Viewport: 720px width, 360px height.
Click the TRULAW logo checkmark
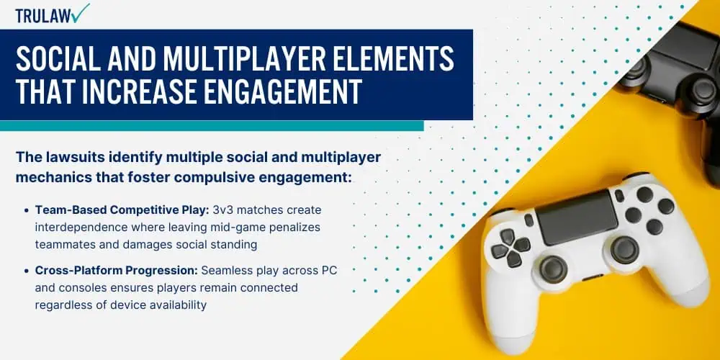point(80,13)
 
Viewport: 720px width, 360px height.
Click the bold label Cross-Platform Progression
point(117,271)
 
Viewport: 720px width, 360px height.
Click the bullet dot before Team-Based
point(27,210)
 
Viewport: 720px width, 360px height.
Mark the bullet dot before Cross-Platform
point(27,271)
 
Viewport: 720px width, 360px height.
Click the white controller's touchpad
point(576,217)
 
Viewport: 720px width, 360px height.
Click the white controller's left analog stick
point(553,269)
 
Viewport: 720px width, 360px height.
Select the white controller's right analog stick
point(624,251)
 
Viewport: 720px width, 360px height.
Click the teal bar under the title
point(212,126)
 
